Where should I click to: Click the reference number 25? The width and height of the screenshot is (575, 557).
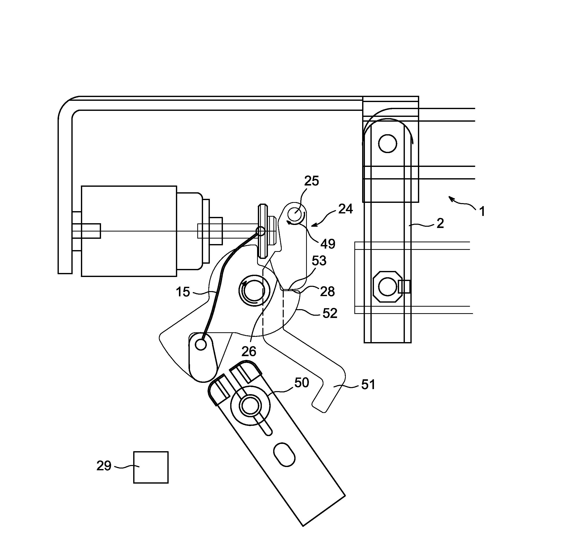pos(311,181)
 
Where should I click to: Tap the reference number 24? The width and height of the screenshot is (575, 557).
pos(345,209)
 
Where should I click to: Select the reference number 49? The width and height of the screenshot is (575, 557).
pos(328,244)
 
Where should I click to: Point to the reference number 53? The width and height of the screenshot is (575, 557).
pos(319,260)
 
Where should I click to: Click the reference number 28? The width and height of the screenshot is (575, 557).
pos(327,291)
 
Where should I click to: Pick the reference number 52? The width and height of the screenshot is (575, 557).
pos(330,313)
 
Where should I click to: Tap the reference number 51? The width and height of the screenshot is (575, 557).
pos(368,384)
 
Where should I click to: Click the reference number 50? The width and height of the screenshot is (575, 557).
pos(302,383)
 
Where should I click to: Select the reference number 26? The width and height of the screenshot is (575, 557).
pos(249,351)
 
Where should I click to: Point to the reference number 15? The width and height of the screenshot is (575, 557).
pos(183,292)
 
